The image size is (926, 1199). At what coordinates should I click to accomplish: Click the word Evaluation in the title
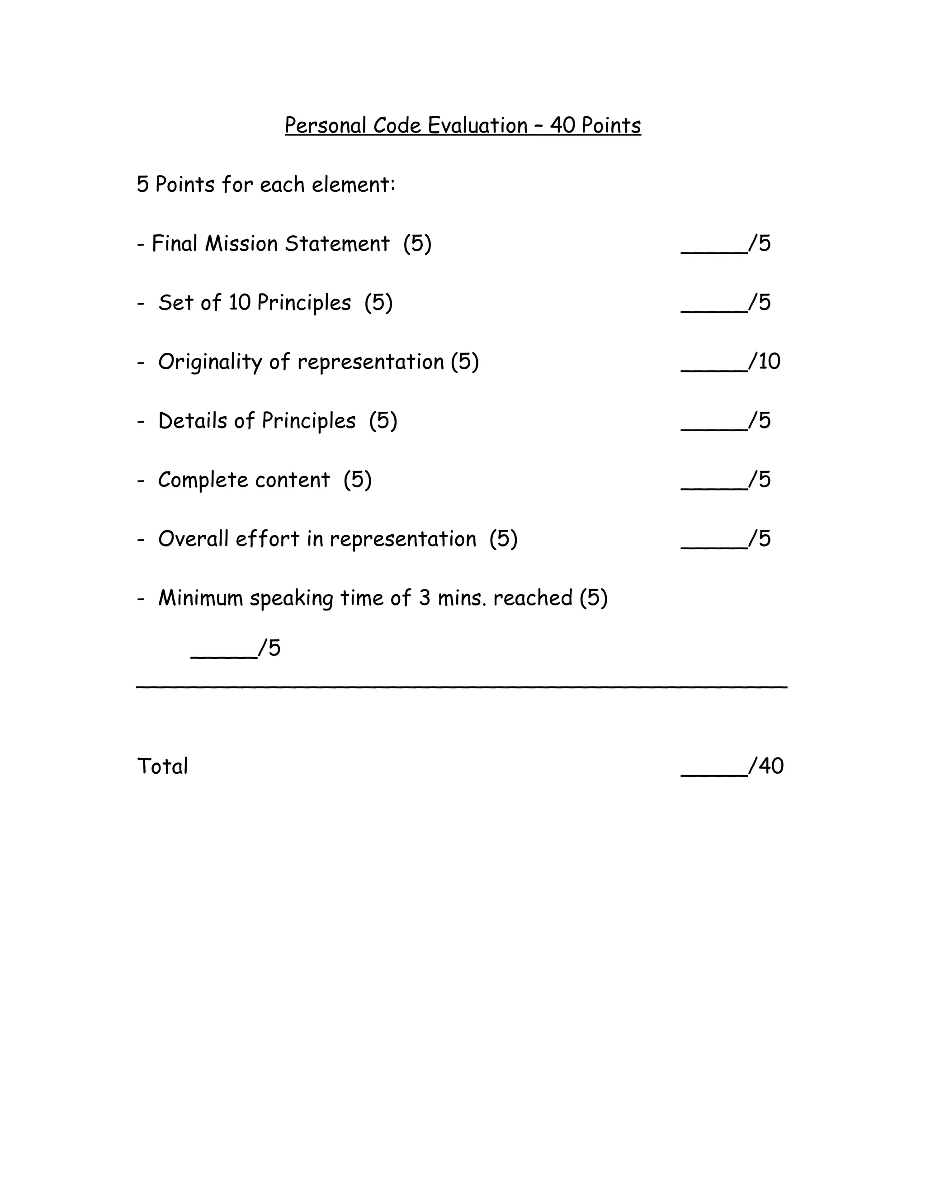[477, 126]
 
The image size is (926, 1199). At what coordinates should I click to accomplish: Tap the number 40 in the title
[562, 126]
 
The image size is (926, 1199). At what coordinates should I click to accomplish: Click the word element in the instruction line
[353, 185]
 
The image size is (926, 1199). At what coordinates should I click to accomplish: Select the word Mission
[241, 244]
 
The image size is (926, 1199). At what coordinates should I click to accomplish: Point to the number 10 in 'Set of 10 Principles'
[239, 303]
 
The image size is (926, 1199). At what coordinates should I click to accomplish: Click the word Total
[162, 766]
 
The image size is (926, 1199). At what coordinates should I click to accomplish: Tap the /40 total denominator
[767, 766]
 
